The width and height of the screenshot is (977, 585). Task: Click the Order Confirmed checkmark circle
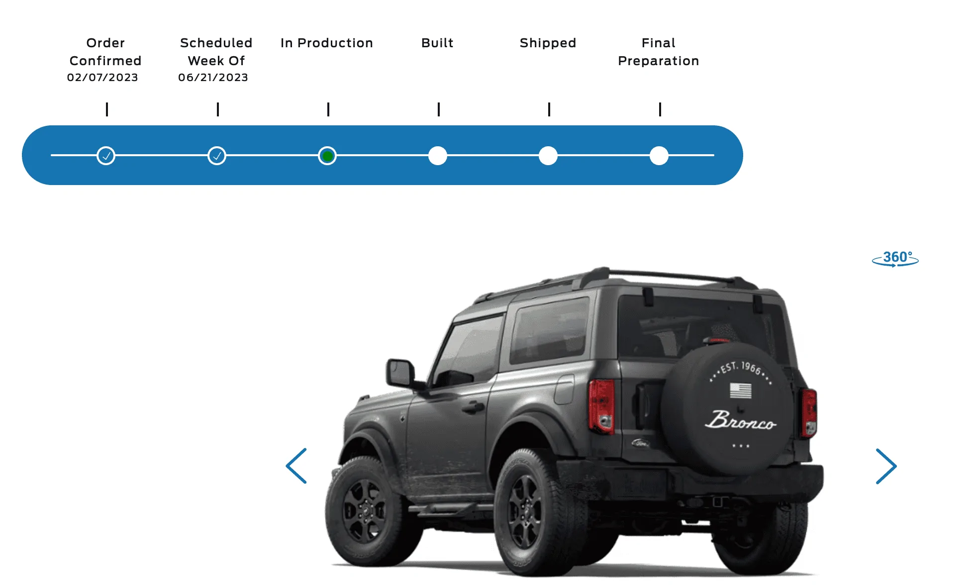click(x=106, y=156)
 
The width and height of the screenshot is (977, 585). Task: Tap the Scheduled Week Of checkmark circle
click(x=217, y=156)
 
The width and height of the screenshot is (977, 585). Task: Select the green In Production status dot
click(x=327, y=156)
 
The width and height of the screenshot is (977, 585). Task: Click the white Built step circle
click(x=438, y=156)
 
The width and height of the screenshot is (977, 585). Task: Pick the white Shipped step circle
click(x=548, y=156)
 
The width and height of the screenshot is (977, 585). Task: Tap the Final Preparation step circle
click(x=659, y=156)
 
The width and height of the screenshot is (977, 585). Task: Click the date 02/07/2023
click(x=102, y=78)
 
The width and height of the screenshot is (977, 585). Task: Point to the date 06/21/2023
click(x=213, y=78)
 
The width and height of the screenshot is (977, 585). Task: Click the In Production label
click(x=327, y=43)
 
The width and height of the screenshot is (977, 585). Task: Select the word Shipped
click(x=548, y=43)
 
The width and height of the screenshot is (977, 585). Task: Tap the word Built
click(x=437, y=43)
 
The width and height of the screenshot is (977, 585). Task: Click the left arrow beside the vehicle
click(x=296, y=466)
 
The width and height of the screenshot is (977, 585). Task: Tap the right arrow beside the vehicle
click(x=886, y=466)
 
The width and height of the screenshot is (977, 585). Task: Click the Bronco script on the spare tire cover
click(x=741, y=420)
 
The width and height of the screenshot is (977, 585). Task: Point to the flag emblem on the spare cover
click(x=741, y=390)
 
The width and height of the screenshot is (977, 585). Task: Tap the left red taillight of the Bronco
click(x=601, y=406)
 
